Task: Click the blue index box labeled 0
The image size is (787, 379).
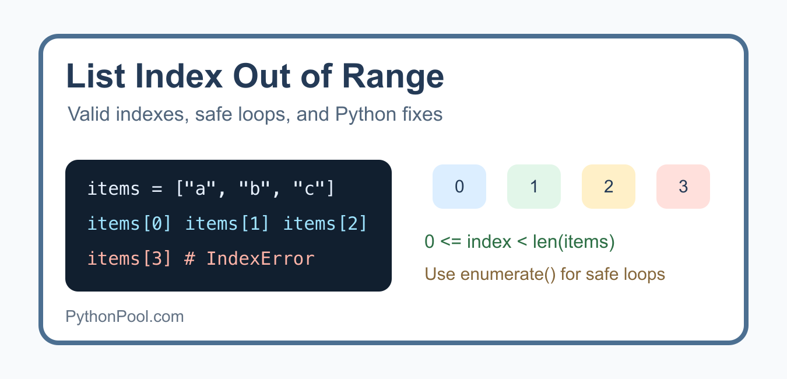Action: tap(459, 187)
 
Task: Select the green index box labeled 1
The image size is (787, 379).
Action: tap(533, 187)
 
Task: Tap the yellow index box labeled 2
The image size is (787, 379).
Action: tap(609, 187)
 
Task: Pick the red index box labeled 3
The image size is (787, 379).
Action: tap(683, 187)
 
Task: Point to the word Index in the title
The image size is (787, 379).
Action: tap(179, 76)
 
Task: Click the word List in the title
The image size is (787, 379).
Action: tap(96, 76)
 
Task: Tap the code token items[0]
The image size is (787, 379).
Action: tap(129, 224)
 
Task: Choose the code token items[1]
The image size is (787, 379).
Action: tap(227, 224)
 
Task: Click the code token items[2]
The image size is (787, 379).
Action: tap(325, 224)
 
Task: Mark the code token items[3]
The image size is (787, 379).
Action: tap(129, 259)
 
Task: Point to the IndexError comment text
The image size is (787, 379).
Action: tap(250, 259)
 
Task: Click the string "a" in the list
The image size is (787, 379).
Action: tap(200, 188)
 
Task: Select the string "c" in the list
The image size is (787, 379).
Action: tap(309, 188)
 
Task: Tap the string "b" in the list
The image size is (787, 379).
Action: tap(254, 188)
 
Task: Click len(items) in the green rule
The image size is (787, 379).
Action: tap(574, 242)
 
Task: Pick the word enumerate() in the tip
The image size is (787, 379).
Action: tap(508, 274)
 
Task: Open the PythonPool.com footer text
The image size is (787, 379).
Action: tap(125, 317)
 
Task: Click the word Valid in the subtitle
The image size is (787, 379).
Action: tap(89, 114)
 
